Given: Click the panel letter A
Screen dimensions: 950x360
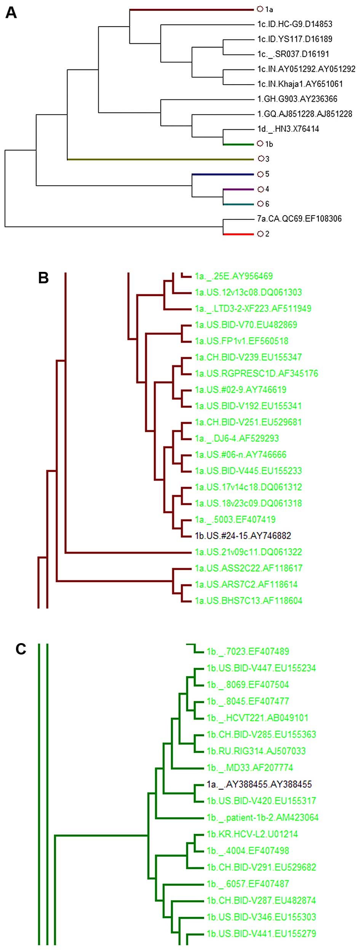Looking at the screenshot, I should pyautogui.click(x=11, y=13).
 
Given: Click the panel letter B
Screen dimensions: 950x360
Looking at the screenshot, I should pyautogui.click(x=43, y=278).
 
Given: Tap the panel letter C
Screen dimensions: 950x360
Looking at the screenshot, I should pyautogui.click(x=21, y=649).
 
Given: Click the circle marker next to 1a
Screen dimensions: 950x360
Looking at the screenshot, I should pyautogui.click(x=260, y=9).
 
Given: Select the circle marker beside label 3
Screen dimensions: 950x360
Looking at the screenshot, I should pyautogui.click(x=261, y=158).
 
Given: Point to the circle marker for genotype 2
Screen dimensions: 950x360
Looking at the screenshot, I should pyautogui.click(x=261, y=233).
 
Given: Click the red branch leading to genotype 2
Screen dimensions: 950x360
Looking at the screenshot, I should pyautogui.click(x=238, y=234).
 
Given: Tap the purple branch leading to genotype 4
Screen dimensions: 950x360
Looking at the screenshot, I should pyautogui.click(x=238, y=189).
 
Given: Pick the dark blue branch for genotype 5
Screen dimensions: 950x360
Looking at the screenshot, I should pyautogui.click(x=223, y=174).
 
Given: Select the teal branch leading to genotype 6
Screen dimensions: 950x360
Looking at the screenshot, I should pyautogui.click(x=238, y=204).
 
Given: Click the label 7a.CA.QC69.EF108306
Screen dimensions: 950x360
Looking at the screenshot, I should pyautogui.click(x=299, y=219).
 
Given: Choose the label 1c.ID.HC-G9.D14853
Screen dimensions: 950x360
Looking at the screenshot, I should pyautogui.click(x=295, y=24).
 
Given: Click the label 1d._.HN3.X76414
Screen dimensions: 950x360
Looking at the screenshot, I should pyautogui.click(x=288, y=129).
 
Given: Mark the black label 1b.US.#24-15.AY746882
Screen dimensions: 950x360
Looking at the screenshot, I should pyautogui.click(x=243, y=536).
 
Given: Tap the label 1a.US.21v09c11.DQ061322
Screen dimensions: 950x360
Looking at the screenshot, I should pyautogui.click(x=248, y=552).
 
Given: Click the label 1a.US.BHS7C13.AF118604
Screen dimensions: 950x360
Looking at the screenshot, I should pyautogui.click(x=248, y=600).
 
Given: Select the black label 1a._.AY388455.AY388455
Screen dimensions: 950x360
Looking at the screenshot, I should pyautogui.click(x=259, y=784).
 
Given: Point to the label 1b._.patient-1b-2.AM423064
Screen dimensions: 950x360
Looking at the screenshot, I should pyautogui.click(x=262, y=817).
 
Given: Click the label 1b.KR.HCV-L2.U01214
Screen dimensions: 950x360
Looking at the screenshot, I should pyautogui.click(x=252, y=834).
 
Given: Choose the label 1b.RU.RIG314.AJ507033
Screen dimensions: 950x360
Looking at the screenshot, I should pyautogui.click(x=256, y=751).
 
